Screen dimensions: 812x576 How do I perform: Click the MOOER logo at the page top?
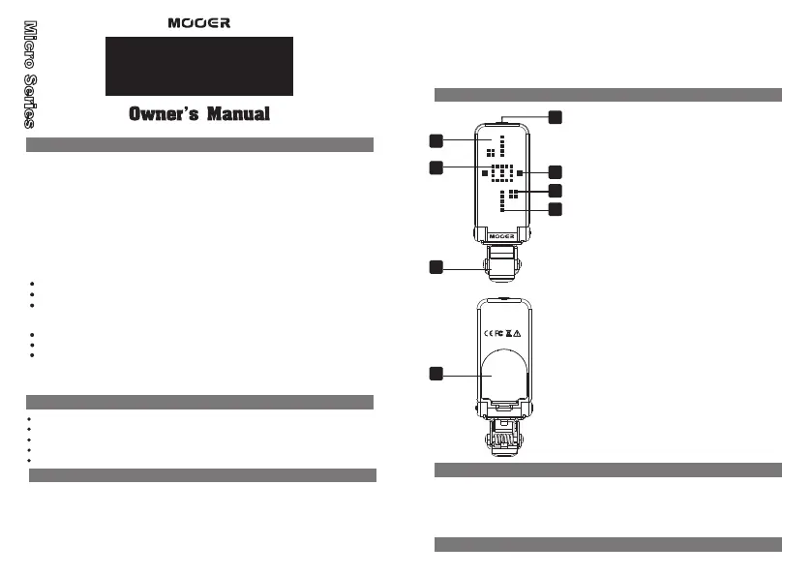click(x=198, y=22)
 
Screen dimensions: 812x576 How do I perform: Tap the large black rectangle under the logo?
click(x=199, y=66)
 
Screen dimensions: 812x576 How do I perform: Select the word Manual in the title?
click(x=236, y=114)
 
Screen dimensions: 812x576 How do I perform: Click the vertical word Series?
click(x=30, y=103)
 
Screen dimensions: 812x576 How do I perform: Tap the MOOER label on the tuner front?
click(x=500, y=234)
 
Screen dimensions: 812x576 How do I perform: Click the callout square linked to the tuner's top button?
click(x=556, y=117)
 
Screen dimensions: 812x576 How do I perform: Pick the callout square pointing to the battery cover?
click(x=436, y=372)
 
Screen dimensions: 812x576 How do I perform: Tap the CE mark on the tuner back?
click(x=487, y=332)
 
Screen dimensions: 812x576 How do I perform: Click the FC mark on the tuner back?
click(x=499, y=332)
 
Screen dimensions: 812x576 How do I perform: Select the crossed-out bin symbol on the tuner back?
click(x=510, y=332)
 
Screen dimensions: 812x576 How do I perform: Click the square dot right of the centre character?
click(x=520, y=172)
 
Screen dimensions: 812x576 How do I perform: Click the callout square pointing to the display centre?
click(x=436, y=168)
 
